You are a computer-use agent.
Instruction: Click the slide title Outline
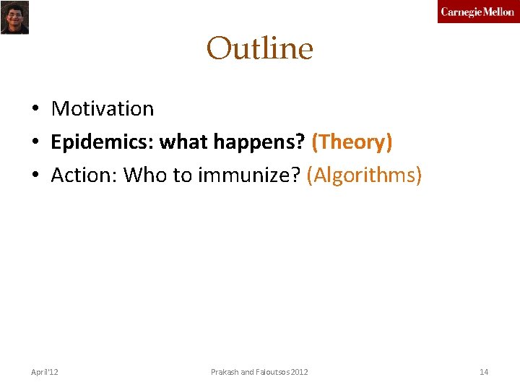click(259, 49)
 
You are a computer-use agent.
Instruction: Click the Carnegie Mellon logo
click(477, 12)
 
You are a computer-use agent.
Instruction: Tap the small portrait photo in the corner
click(14, 17)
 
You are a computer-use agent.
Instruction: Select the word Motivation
click(103, 109)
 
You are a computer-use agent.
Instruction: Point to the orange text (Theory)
click(352, 142)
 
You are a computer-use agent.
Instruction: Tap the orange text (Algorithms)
click(364, 175)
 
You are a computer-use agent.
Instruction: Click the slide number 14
click(484, 372)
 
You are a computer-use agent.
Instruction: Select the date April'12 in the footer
click(45, 372)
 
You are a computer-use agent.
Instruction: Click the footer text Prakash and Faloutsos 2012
click(259, 372)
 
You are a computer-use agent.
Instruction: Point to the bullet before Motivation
click(35, 110)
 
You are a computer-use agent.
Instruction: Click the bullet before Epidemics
click(35, 143)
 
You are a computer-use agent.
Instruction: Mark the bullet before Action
click(35, 176)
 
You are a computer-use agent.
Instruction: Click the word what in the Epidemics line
click(182, 142)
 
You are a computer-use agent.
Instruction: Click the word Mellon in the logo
click(498, 12)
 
